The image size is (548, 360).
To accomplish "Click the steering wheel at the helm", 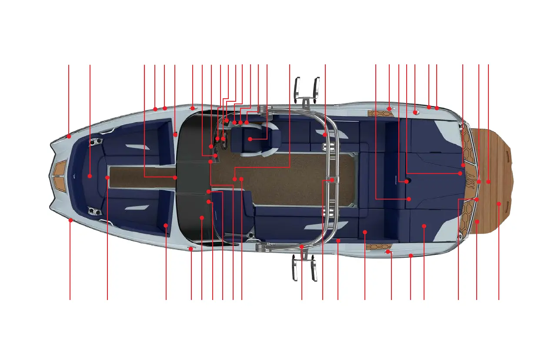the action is (221, 138).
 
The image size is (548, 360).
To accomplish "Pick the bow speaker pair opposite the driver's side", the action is (94, 212).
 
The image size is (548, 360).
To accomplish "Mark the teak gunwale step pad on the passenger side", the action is (379, 248).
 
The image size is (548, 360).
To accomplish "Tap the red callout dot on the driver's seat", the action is (250, 139).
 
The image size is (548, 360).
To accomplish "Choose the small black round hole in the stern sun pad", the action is (406, 181).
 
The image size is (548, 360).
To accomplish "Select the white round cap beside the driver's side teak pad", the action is (416, 112).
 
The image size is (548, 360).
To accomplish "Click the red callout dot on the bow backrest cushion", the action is (90, 176).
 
